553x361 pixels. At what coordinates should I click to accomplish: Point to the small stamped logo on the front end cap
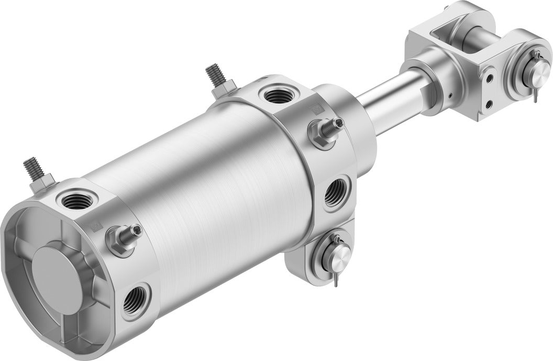point(315,110)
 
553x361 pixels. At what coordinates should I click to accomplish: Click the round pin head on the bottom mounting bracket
point(338,257)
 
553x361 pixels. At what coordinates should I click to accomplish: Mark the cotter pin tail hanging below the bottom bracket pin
point(335,281)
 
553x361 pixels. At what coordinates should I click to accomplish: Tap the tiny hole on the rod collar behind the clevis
point(450,95)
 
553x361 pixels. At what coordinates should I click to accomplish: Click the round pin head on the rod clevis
point(528,73)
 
